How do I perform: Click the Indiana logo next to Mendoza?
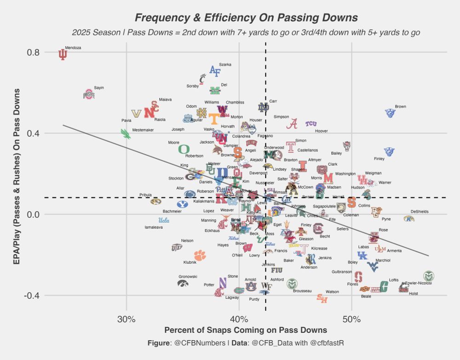pyautogui.click(x=63, y=55)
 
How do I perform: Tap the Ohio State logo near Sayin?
pyautogui.click(x=88, y=94)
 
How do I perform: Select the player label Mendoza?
pyautogui.click(x=73, y=48)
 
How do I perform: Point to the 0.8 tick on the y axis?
pyautogui.click(x=32, y=52)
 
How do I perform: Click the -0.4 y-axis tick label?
pyautogui.click(x=30, y=296)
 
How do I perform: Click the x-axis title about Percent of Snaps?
pyautogui.click(x=246, y=330)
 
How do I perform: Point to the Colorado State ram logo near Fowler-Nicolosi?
pyautogui.click(x=429, y=276)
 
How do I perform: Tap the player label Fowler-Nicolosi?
pyautogui.click(x=419, y=283)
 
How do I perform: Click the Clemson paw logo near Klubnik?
pyautogui.click(x=200, y=255)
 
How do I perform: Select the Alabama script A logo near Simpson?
pyautogui.click(x=292, y=123)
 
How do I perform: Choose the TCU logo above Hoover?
pyautogui.click(x=311, y=123)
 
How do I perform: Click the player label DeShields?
pyautogui.click(x=420, y=212)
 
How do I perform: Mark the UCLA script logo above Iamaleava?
pyautogui.click(x=164, y=220)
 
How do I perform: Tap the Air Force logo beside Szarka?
pyautogui.click(x=215, y=70)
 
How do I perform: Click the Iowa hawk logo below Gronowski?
pyautogui.click(x=183, y=283)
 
